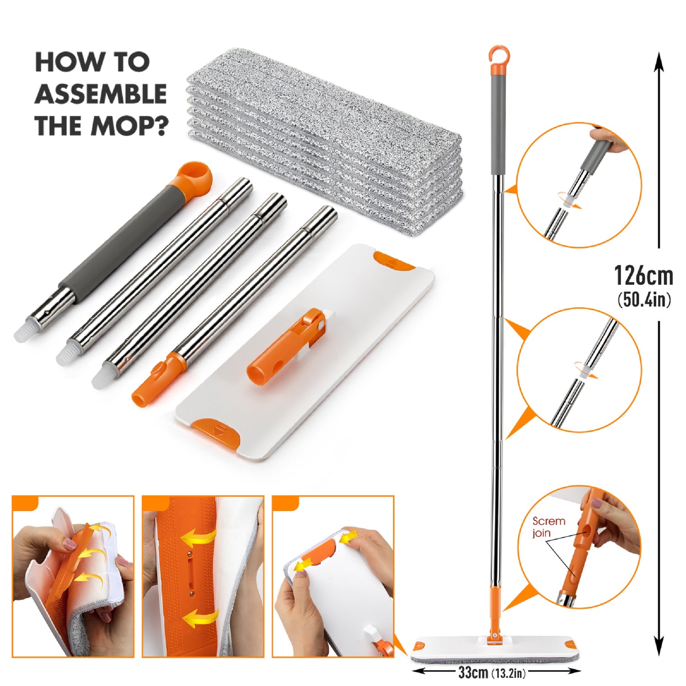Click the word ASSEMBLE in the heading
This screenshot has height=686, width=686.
(101, 94)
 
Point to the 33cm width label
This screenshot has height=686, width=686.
(473, 672)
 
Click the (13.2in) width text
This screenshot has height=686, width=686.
(509, 673)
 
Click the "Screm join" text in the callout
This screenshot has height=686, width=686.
(548, 527)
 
